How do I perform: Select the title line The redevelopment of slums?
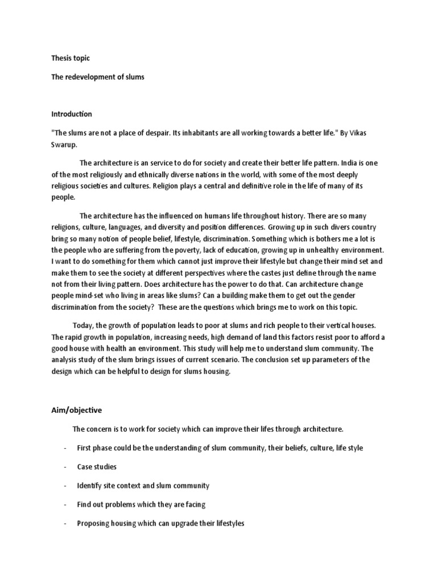97,77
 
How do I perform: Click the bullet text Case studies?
97,467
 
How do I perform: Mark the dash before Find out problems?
65,504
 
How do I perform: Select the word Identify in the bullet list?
90,486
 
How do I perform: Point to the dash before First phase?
65,448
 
